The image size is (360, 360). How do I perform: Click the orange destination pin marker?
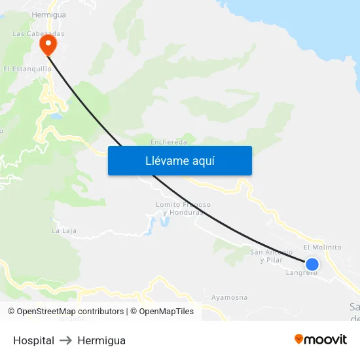[48, 45]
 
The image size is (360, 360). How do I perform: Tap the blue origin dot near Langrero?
[312, 264]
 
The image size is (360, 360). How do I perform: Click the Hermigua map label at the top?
[48, 14]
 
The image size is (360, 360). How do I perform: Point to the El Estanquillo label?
[27, 68]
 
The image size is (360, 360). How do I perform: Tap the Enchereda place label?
[169, 141]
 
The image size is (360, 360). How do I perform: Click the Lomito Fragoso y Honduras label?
[183, 208]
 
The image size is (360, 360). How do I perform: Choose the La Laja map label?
[64, 230]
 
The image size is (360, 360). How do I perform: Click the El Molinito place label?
[323, 247]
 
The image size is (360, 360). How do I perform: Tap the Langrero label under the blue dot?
[302, 273]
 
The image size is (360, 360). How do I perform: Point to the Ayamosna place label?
[229, 297]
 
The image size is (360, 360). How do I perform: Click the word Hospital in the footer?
[33, 340]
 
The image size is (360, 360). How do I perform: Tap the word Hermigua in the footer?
[101, 340]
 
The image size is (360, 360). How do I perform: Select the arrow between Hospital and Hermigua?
[65, 340]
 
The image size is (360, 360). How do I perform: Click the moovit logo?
[321, 339]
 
